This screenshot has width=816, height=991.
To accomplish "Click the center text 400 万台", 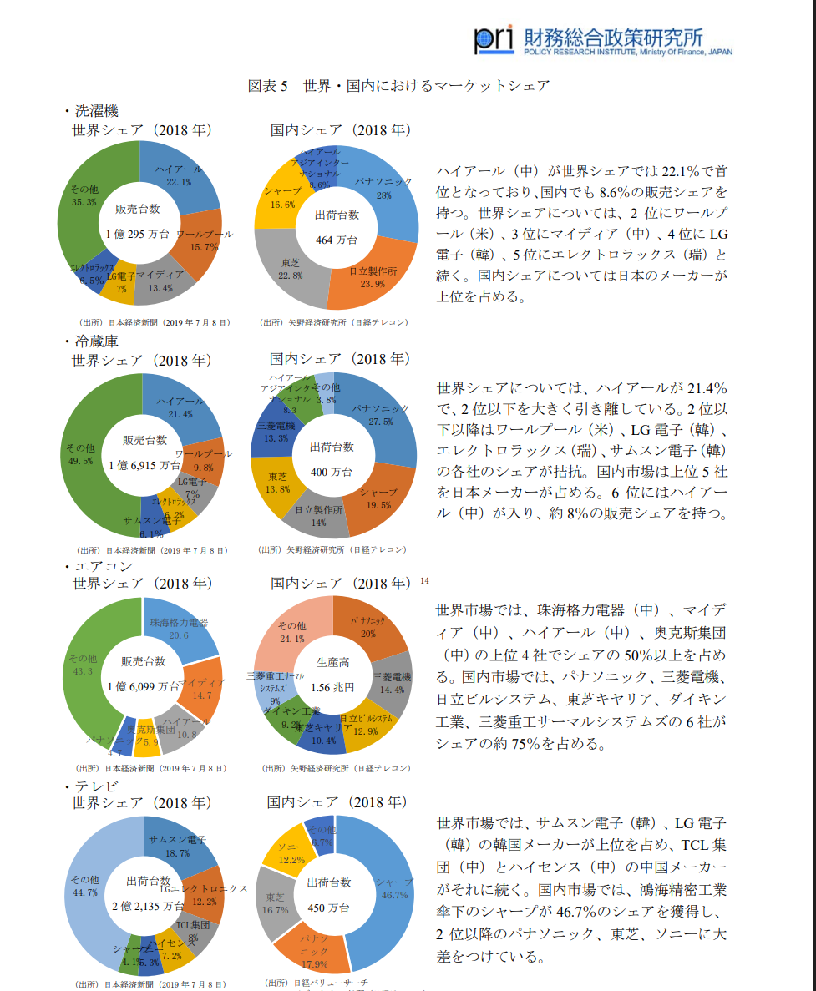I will [x=332, y=470].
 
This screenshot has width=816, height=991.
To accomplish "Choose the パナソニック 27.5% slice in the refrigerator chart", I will [x=380, y=413].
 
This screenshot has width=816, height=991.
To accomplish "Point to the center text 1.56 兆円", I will [x=332, y=688].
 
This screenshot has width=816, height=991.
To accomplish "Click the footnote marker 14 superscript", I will [x=424, y=580].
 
